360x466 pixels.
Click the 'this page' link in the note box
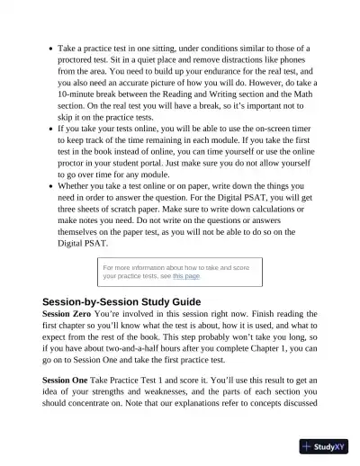coord(186,276)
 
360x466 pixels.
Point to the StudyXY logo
coord(325,445)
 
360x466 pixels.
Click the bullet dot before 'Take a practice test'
coord(48,48)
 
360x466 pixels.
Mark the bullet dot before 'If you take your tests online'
coord(48,129)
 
